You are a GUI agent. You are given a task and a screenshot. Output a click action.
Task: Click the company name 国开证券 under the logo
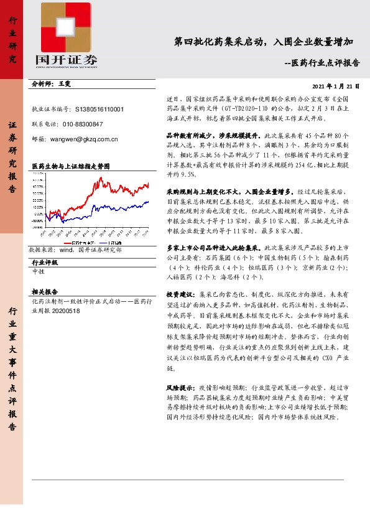tap(66, 60)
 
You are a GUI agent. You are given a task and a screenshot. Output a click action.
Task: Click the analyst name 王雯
tap(65, 83)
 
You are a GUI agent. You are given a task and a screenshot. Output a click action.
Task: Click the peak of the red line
tap(101, 179)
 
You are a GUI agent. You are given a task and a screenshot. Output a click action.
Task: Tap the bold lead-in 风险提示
tap(180, 387)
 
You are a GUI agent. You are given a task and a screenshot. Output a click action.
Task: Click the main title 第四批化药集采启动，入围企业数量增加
tap(264, 42)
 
